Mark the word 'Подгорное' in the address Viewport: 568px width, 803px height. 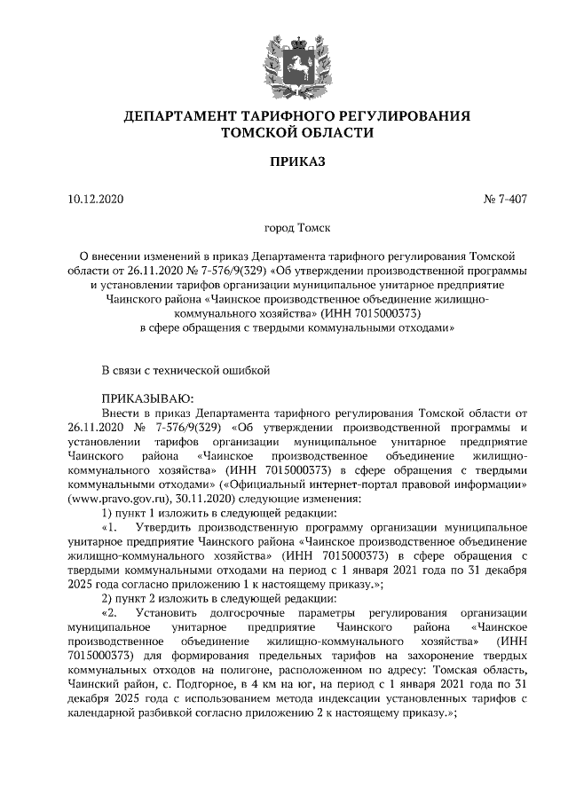coord(187,685)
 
